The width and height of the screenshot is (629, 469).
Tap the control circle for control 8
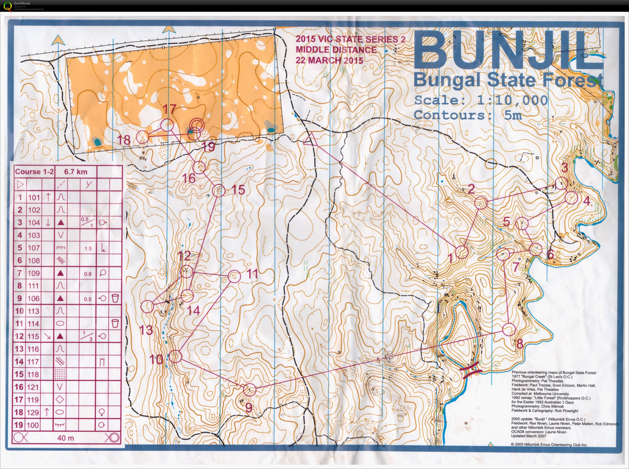point(509,330)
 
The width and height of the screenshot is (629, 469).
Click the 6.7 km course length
point(75,172)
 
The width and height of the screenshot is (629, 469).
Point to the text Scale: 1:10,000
point(480,100)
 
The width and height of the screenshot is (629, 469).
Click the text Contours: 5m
point(467,115)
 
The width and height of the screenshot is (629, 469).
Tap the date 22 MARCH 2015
point(329,60)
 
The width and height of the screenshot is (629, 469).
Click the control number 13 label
point(146,330)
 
